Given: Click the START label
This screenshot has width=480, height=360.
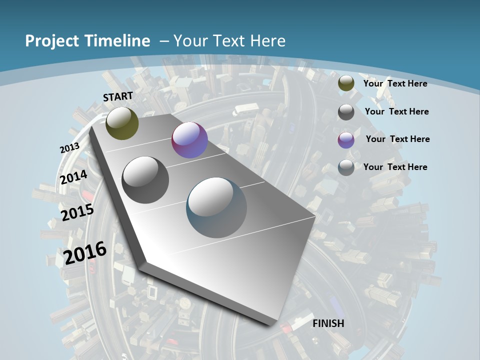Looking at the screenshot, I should pos(118,96).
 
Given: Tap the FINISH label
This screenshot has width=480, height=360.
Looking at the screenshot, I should pos(328,323).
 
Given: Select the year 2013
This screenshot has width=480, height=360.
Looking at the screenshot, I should pos(70,148).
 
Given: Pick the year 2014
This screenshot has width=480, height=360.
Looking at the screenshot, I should pos(74,177).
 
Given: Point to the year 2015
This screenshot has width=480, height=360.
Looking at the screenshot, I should pos(77,212).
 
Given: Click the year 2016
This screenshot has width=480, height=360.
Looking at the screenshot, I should pos(85,253).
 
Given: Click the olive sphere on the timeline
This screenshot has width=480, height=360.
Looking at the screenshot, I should pos(122,123).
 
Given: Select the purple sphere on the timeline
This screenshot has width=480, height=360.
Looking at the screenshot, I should pos(189,140).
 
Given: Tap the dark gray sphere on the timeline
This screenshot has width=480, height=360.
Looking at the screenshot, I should pos(145,180).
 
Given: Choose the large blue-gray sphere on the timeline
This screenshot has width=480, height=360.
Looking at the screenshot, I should pos(216,207).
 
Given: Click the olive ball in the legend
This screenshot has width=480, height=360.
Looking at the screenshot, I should pos(346,83).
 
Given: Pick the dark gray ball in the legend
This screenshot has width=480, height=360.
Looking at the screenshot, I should pos(346,112).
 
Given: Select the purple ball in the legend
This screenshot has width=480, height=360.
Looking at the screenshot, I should pos(346,140).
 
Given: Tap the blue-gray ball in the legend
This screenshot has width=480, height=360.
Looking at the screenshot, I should pos(346,167).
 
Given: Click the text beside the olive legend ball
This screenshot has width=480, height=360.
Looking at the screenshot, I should pos(395,83).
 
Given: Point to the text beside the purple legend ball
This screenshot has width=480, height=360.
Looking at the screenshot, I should pos(397,139).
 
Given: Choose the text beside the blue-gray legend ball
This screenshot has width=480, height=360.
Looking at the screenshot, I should pos(395,167).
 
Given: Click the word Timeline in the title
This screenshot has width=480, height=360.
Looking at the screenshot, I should pos(119,41).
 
